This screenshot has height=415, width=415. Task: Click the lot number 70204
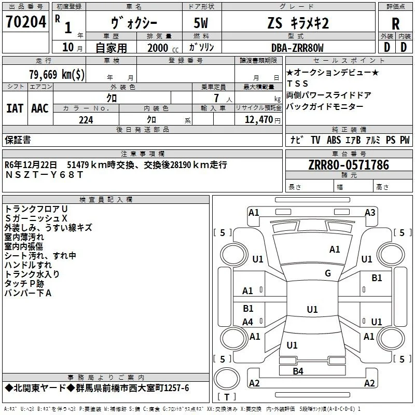(26, 22)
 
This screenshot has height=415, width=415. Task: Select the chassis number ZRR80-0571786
(349, 165)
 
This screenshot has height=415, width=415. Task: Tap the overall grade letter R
(395, 24)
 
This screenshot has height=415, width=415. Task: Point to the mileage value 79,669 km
(57, 74)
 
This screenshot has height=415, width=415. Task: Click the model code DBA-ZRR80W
(297, 48)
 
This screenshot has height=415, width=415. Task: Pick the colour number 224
(86, 120)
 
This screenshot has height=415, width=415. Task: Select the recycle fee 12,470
(258, 120)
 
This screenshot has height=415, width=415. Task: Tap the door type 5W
(201, 23)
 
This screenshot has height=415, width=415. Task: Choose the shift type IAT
(15, 108)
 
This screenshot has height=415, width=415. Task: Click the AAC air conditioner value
(40, 108)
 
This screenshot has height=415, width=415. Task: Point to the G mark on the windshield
(328, 273)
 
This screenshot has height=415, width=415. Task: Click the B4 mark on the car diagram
(298, 371)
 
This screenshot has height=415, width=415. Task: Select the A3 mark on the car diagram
(370, 213)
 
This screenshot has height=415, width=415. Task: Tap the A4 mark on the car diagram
(248, 322)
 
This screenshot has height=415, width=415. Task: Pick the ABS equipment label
(334, 140)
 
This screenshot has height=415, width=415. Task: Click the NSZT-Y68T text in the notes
(44, 175)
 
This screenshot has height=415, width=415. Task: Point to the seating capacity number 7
(216, 98)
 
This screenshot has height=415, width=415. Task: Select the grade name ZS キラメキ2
(298, 23)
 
